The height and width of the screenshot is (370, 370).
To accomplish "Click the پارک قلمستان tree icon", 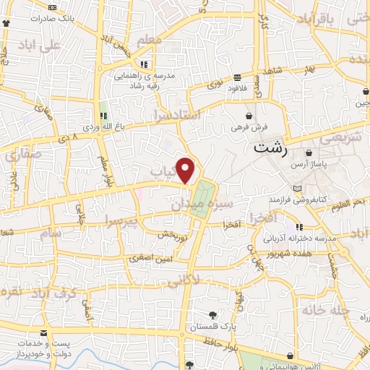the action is (212, 314).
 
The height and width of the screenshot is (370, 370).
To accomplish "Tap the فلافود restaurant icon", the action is (238, 77).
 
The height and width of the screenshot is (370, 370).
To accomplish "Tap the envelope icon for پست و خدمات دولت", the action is (46, 333).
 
